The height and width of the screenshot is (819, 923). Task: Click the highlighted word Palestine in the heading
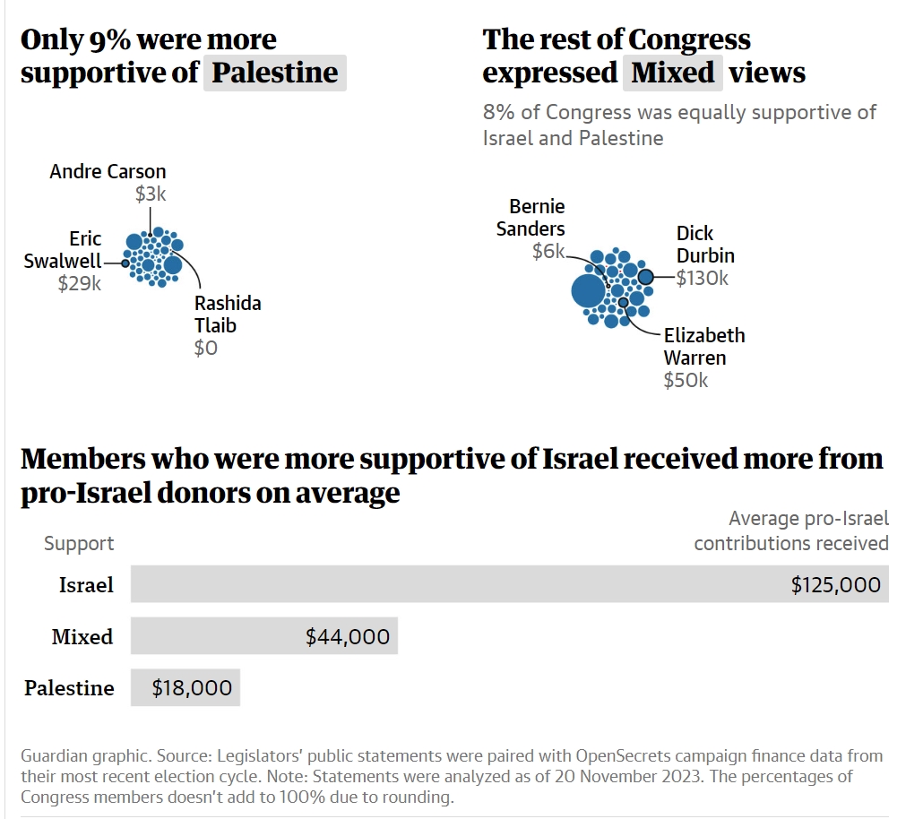click(x=274, y=73)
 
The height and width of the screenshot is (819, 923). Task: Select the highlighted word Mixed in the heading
click(x=672, y=73)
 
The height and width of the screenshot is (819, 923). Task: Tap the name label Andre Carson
click(x=108, y=171)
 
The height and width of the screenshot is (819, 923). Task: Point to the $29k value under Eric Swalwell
click(x=80, y=284)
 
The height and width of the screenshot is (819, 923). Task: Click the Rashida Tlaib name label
click(x=228, y=315)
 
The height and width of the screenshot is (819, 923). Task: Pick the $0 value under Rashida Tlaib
click(x=206, y=348)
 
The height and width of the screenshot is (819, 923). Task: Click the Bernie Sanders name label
click(x=531, y=218)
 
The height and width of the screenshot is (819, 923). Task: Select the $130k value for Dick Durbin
click(x=703, y=279)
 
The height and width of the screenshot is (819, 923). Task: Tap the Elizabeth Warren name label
click(x=704, y=347)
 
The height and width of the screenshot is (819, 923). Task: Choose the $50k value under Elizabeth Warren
click(x=686, y=380)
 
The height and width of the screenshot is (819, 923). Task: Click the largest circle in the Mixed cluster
click(x=588, y=291)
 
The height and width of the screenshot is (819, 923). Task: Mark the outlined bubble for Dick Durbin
click(x=646, y=277)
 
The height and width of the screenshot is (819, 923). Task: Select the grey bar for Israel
click(x=509, y=584)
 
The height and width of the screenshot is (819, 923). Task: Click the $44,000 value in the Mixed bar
click(x=348, y=637)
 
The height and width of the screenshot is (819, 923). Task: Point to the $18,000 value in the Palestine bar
click(x=192, y=688)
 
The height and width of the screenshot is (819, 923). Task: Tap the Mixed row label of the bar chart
click(x=82, y=637)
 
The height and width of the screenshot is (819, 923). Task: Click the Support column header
click(x=79, y=543)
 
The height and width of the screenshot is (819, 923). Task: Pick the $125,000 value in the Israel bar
click(x=836, y=585)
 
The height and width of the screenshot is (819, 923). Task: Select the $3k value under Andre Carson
click(x=151, y=194)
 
